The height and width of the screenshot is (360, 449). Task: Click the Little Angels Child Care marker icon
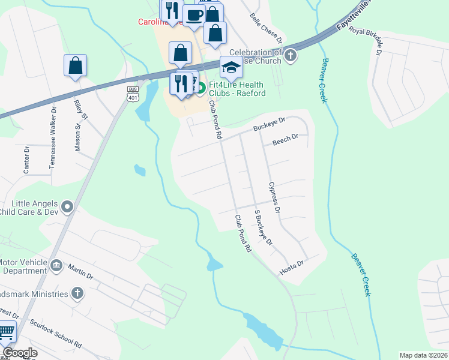[67, 208]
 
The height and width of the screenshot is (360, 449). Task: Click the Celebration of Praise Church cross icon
[291, 56]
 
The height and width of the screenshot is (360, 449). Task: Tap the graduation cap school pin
[231, 68]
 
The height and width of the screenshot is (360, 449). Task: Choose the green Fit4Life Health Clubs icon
[201, 88]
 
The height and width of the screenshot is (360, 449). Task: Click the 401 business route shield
[133, 93]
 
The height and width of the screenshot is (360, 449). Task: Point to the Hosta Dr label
[292, 268]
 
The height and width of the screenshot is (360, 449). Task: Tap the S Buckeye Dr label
[264, 228]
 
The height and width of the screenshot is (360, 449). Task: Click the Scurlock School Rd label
[56, 336]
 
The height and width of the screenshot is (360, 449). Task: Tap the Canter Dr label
[26, 160]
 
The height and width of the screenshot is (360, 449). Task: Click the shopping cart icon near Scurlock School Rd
[7, 331]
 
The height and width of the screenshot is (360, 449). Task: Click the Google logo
[20, 353]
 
